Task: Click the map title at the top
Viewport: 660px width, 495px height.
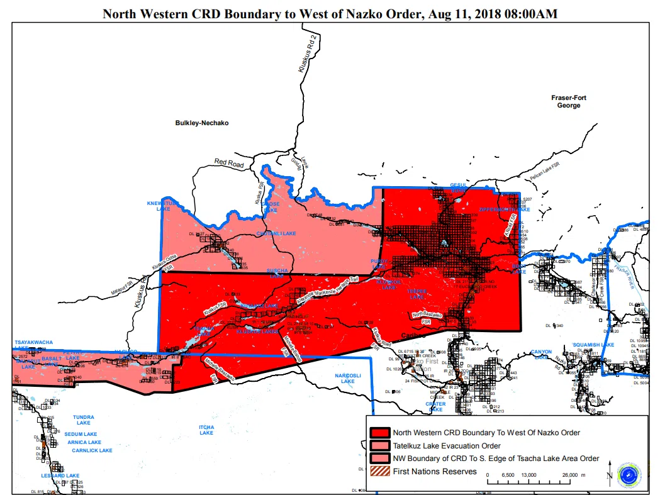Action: click(330, 13)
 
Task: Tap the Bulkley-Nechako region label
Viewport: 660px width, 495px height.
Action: click(201, 123)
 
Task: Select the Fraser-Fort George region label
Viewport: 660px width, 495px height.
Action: click(568, 101)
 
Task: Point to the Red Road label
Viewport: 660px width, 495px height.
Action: click(228, 163)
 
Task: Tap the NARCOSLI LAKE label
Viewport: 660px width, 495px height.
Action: click(348, 378)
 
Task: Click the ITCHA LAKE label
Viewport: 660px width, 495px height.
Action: click(206, 430)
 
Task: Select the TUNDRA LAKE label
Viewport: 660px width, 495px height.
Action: click(84, 420)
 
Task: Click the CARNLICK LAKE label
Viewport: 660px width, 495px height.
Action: click(92, 450)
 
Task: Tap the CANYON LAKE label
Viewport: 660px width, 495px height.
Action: click(541, 354)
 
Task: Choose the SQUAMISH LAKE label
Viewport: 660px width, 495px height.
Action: click(593, 345)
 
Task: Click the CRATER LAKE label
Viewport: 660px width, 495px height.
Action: click(435, 406)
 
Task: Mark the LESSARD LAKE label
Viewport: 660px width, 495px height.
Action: click(60, 476)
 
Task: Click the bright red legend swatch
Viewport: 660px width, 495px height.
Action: click(380, 433)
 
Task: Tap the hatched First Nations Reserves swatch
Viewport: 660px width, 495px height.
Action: click(380, 472)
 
